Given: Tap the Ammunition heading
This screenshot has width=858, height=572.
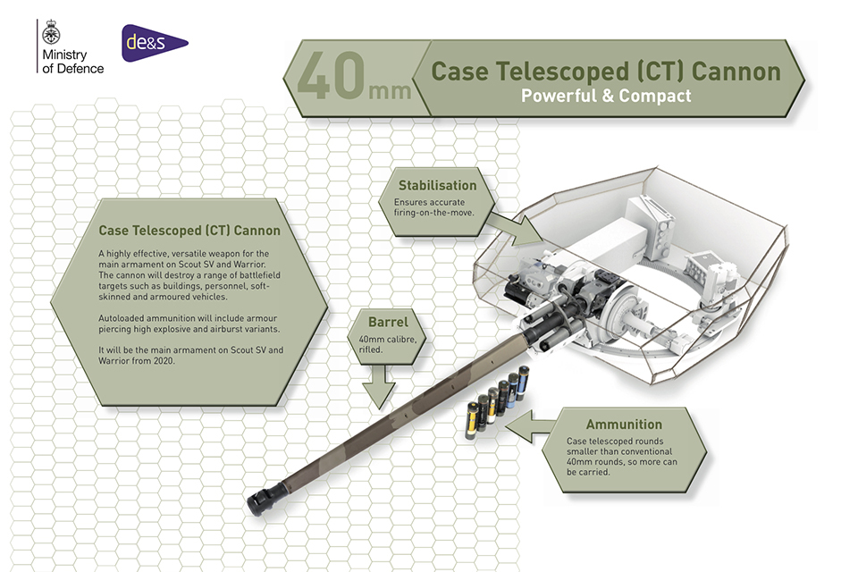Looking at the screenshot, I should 624,424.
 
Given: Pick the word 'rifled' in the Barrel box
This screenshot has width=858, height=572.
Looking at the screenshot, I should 371,350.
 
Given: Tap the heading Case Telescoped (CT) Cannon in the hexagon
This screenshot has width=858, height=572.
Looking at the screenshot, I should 189,231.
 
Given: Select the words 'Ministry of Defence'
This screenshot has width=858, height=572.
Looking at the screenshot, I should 71,63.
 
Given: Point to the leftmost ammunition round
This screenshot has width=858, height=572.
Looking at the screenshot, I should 471,420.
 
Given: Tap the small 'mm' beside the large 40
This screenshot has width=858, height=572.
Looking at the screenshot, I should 390,89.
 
